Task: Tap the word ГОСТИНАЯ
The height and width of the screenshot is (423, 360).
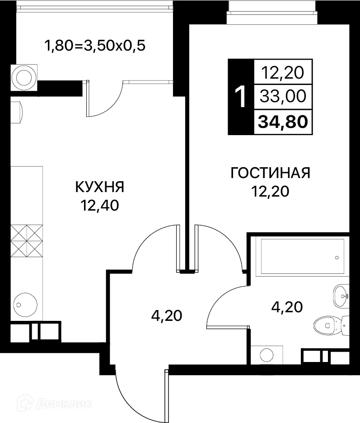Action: pos(270,173)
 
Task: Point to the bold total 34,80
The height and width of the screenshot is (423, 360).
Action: pos(283,122)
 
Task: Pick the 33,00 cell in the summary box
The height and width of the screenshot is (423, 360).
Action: pos(283,96)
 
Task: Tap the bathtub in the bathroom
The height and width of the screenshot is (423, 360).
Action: pos(300,256)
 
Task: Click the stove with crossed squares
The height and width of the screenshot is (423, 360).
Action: pos(26,240)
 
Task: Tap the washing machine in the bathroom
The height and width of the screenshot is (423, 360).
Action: pos(266,354)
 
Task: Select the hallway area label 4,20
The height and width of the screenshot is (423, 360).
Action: pos(166,315)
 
